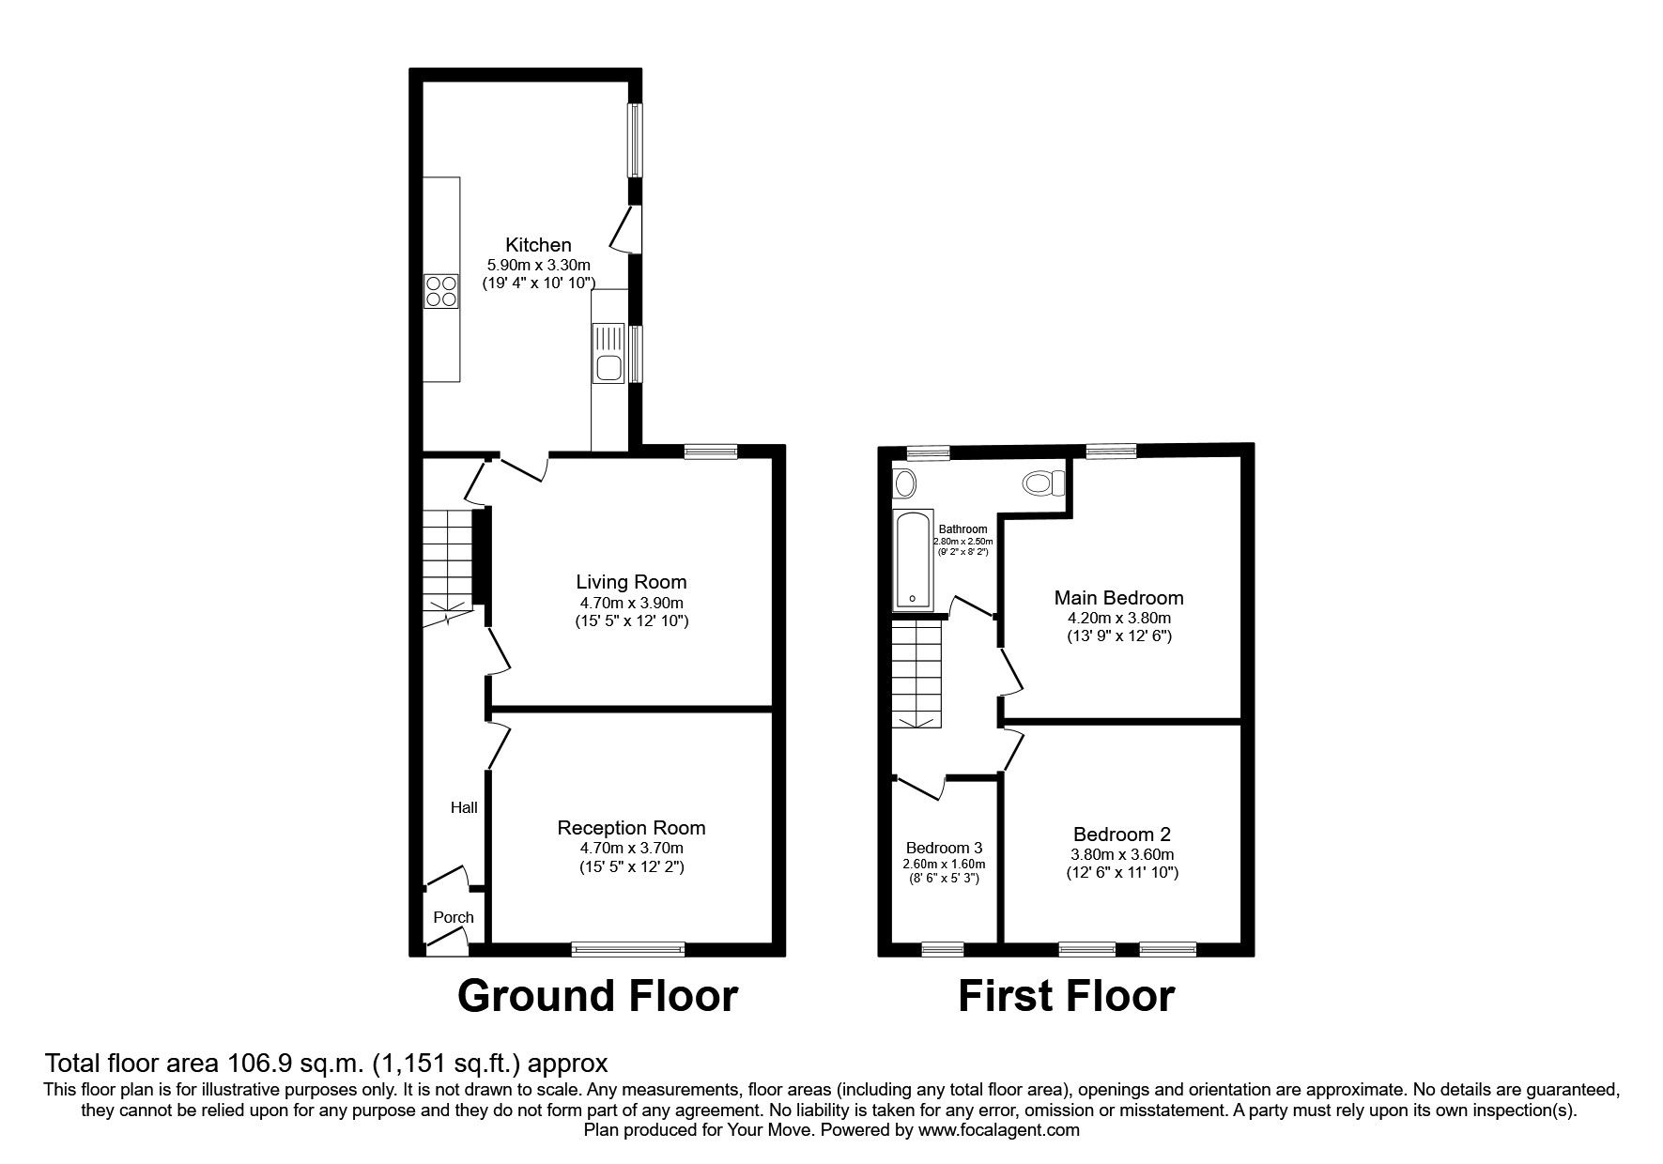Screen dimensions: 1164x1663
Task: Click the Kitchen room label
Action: (538, 245)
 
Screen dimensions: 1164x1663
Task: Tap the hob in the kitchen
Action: (441, 290)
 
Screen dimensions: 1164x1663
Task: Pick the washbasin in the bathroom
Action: (905, 484)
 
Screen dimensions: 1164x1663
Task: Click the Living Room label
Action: (631, 582)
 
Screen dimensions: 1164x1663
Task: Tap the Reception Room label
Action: (631, 828)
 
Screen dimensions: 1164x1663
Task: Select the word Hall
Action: (464, 807)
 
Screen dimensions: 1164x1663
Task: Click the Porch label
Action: (454, 917)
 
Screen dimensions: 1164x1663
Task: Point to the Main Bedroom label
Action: (1118, 598)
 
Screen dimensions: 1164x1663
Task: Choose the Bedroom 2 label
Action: (1122, 834)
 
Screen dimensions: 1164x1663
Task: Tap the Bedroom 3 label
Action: (944, 848)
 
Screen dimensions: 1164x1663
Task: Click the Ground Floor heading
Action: (597, 996)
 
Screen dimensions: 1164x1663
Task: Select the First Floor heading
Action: (1066, 996)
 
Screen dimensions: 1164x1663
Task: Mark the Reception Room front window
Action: (628, 949)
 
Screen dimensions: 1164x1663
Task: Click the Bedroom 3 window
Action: (942, 949)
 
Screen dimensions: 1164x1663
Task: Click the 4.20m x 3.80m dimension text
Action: (1118, 619)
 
